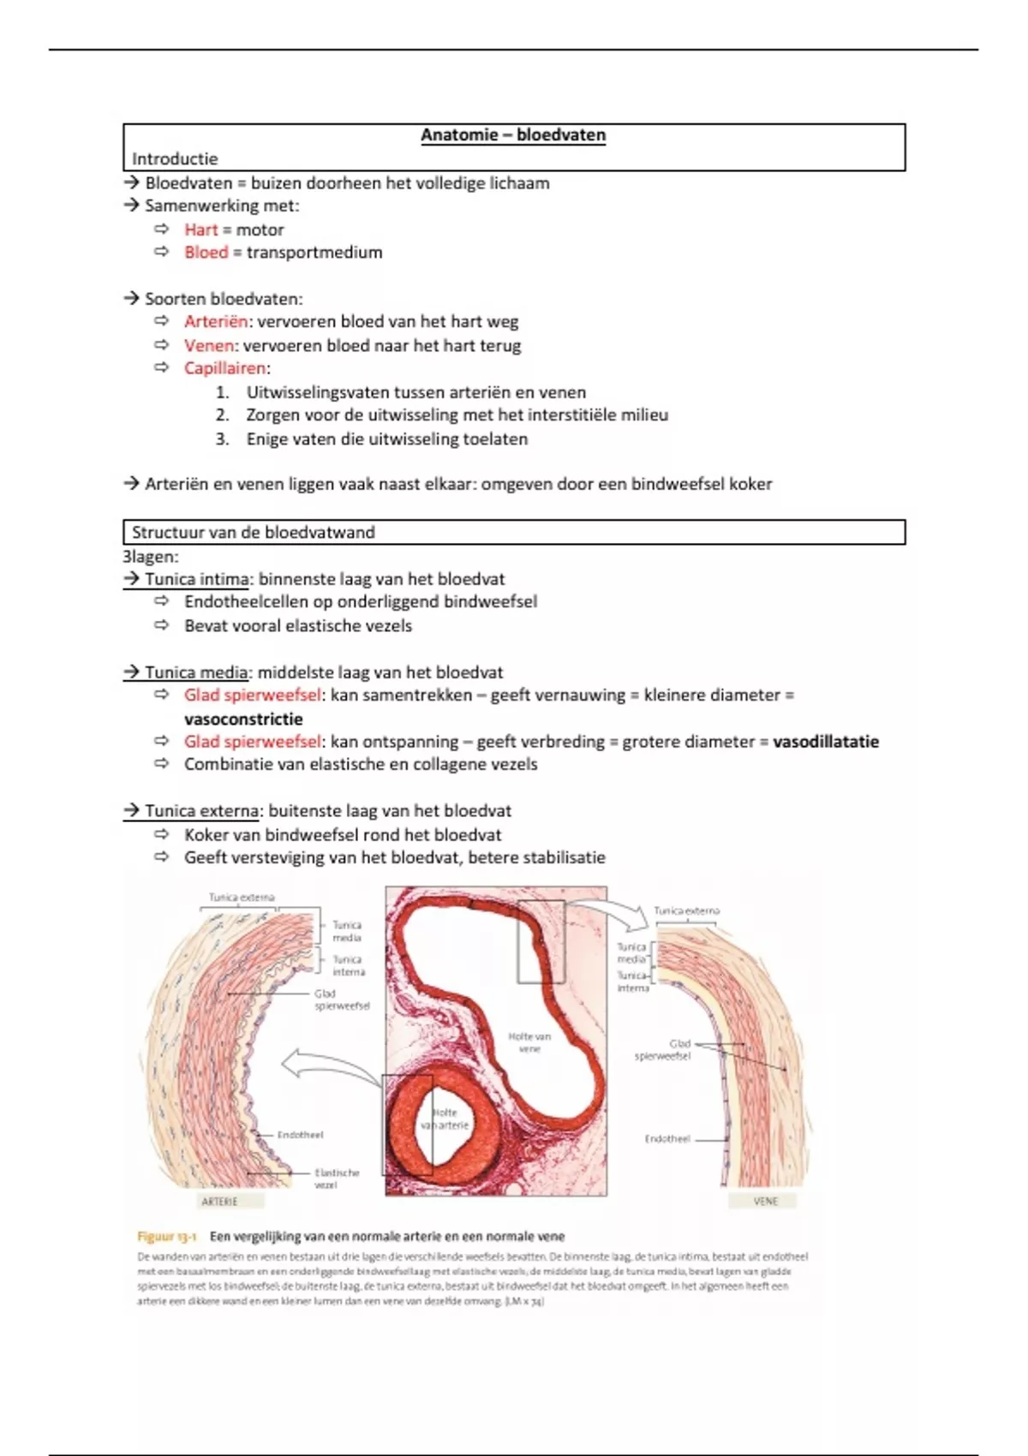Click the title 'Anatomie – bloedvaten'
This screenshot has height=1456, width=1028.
tap(512, 135)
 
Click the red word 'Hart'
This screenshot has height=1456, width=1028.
tap(201, 230)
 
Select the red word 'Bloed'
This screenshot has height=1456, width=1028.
tap(206, 253)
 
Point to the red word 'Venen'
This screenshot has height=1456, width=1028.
tap(209, 346)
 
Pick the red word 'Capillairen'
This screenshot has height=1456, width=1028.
tap(225, 368)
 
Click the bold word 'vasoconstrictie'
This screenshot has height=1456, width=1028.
tap(243, 719)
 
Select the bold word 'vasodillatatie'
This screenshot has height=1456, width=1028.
tap(826, 742)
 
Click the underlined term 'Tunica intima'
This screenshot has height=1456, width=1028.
tap(197, 579)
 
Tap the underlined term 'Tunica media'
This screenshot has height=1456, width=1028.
tap(196, 672)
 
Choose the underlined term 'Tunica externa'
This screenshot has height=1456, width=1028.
tap(201, 811)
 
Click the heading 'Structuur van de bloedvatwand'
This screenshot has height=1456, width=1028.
tap(254, 533)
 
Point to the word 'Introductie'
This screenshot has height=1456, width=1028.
tap(175, 159)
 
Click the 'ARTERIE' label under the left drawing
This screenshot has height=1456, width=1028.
tap(219, 1202)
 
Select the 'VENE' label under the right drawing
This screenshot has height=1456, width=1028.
tap(765, 1202)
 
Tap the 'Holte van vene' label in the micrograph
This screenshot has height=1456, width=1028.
tap(529, 1042)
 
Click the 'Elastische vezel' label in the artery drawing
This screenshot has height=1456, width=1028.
tap(336, 1179)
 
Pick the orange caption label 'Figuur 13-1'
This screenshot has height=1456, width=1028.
tap(167, 1237)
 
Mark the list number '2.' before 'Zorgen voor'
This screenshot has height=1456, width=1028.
tap(223, 415)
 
